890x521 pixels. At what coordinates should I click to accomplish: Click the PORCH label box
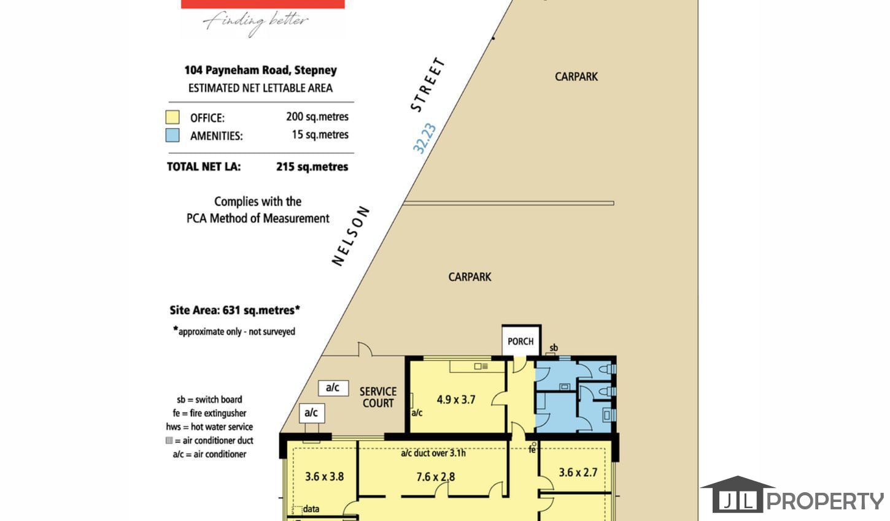(x=521, y=341)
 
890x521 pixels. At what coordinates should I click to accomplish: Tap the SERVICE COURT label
(x=378, y=397)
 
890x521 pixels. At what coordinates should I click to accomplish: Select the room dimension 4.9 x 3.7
(x=455, y=400)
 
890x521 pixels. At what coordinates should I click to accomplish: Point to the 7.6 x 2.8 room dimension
(x=435, y=476)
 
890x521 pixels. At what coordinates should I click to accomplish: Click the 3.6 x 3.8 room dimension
(x=324, y=476)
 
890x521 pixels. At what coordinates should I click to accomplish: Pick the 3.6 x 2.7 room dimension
(x=578, y=472)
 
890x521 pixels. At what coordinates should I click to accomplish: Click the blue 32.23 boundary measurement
(x=424, y=138)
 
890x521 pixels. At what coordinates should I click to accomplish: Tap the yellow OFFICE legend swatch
(x=172, y=117)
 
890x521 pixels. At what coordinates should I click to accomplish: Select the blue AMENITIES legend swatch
(x=172, y=135)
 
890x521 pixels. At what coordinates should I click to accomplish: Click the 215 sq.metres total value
(x=312, y=167)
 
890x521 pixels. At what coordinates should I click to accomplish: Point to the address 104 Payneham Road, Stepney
(x=260, y=70)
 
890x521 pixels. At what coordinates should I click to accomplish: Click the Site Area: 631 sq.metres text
(x=234, y=310)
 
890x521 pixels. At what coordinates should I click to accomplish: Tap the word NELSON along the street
(x=350, y=236)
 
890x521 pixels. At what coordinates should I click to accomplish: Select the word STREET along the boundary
(x=428, y=85)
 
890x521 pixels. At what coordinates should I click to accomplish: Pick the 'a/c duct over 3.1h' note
(x=433, y=453)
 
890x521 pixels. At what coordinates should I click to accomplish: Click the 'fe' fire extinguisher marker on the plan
(x=532, y=449)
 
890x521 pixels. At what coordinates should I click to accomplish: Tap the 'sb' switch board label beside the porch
(x=554, y=348)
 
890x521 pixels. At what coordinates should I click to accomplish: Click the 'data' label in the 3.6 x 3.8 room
(x=311, y=509)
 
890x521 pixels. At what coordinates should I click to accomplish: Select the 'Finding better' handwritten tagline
(x=255, y=22)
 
